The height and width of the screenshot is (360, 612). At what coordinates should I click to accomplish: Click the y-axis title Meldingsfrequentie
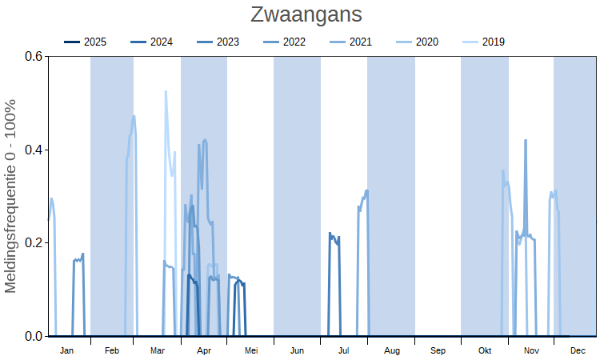coord(11,196)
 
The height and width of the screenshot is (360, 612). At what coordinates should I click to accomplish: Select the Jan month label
coord(66,350)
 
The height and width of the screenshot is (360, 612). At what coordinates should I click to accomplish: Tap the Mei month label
coord(251,350)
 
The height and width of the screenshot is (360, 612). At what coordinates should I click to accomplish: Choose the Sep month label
coord(438,350)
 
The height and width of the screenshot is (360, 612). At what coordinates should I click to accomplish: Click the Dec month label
coord(578,350)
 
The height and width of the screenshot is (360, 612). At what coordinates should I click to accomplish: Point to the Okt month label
coord(485,350)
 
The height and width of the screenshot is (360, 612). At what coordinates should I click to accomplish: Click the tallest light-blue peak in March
coord(166,91)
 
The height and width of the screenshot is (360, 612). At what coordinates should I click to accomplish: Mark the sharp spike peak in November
coord(526,140)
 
